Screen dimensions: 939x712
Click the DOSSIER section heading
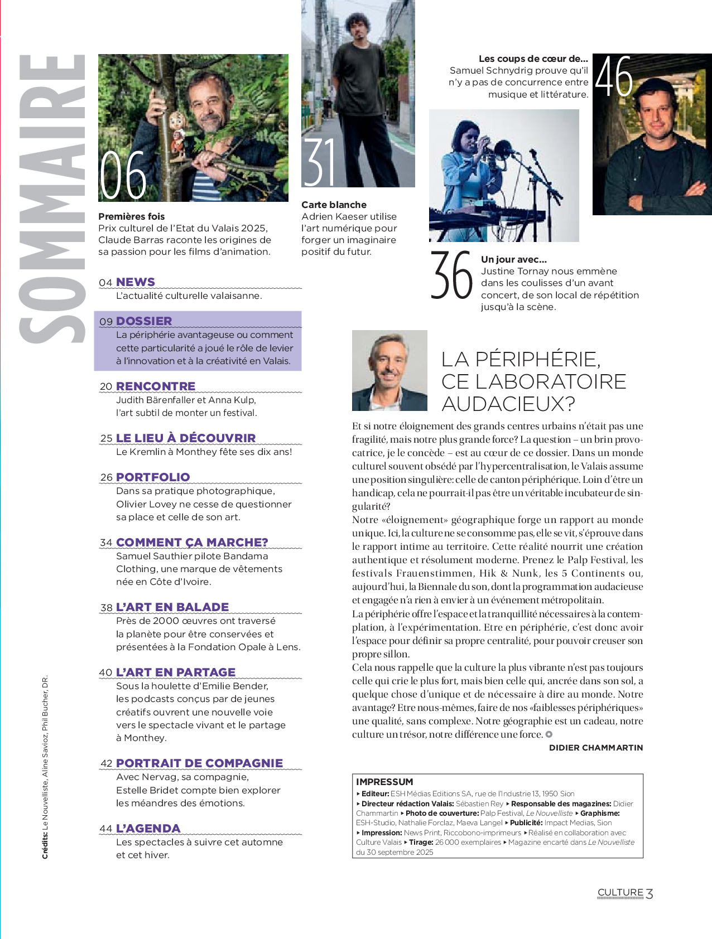coord(144,321)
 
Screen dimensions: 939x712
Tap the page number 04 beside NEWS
coord(105,283)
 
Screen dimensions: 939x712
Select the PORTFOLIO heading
coord(153,477)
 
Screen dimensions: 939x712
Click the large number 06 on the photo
coord(123,175)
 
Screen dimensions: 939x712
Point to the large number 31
coord(320,162)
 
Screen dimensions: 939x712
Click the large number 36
coord(451,275)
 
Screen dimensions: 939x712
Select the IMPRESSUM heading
coord(384,782)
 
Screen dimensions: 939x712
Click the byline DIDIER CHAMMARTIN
coord(596,748)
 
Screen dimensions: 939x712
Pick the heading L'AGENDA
coord(148,829)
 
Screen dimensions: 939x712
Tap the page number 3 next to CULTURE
coord(650,893)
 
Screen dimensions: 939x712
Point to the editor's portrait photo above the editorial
coord(389,370)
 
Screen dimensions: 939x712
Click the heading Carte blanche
coord(334,205)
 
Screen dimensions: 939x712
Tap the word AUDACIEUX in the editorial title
coord(508,404)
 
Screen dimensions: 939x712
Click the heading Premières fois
coord(131,216)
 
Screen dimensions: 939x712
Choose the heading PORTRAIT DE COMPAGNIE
coord(199,763)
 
